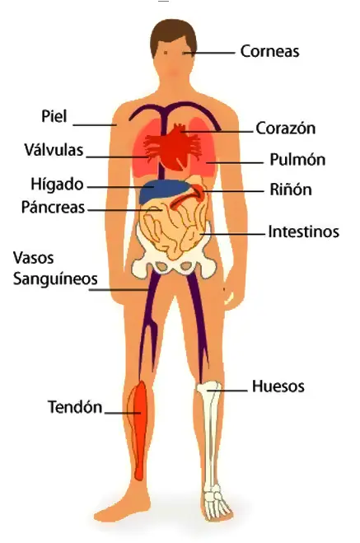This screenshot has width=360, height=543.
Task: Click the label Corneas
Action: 269,51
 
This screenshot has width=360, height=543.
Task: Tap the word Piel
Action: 54,116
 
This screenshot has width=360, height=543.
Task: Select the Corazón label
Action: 286,129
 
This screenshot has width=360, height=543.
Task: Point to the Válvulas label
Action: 54,150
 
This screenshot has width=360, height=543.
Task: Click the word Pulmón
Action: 297,160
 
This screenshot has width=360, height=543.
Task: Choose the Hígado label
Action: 57,185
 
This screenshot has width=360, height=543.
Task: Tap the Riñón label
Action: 291,190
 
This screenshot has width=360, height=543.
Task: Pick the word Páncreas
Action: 53,207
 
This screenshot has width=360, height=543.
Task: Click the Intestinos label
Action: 304,232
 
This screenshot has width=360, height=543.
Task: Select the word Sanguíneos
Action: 55,279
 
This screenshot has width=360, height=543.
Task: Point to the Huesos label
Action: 278,386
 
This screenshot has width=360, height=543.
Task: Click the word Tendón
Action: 75,407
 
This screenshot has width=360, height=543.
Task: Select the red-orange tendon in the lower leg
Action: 138,429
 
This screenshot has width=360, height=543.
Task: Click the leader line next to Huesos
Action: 227,391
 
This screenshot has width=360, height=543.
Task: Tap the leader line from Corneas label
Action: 209,53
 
